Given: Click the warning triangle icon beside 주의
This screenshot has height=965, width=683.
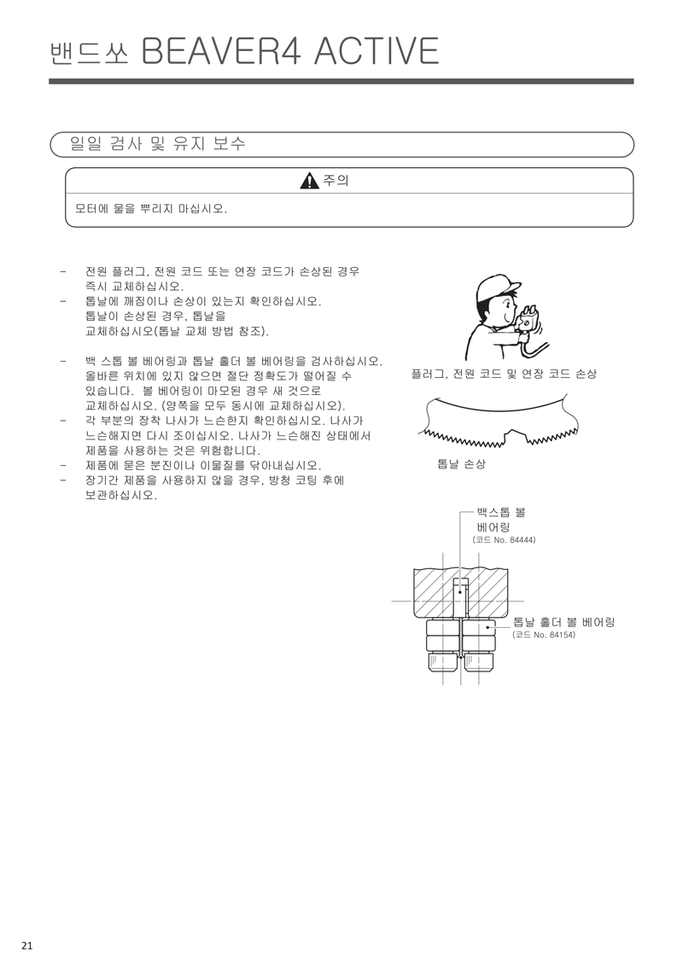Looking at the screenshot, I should [309, 181].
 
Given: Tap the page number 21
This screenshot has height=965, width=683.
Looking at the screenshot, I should [27, 945].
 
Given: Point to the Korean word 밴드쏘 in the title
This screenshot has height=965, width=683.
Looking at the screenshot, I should [89, 53].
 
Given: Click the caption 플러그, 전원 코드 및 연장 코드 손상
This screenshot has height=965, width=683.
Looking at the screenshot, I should [503, 375].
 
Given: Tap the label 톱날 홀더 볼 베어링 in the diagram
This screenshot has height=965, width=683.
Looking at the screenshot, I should [563, 622].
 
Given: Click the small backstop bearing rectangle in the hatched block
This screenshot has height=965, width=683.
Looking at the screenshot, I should [460, 587].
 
